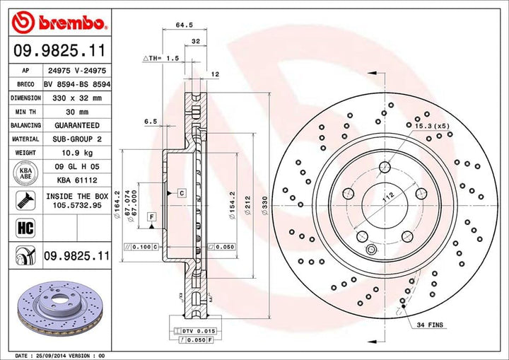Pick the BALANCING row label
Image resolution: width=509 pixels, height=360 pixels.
(25, 125)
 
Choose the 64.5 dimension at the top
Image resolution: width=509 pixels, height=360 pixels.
(184, 25)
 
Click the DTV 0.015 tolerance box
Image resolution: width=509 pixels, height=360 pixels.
(193, 330)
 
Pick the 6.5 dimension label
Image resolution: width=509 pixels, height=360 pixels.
(150, 121)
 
